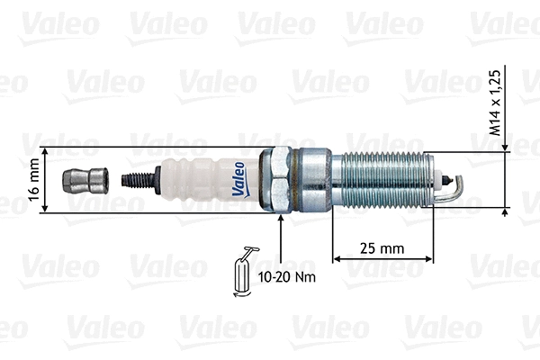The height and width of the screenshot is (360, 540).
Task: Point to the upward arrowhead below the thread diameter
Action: click(507, 212)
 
